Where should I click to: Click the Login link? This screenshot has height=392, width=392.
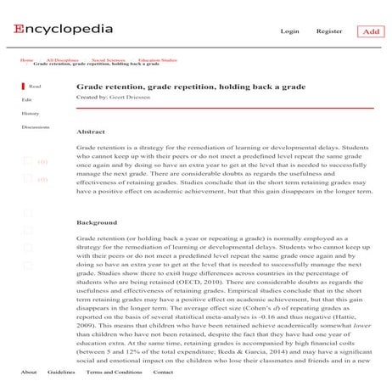(289, 31)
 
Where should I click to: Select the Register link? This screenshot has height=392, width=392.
(329, 31)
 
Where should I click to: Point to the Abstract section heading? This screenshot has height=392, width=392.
(91, 132)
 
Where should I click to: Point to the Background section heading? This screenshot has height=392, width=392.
(97, 222)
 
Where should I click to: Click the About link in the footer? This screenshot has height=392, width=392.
(28, 372)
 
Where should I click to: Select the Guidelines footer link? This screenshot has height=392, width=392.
(61, 372)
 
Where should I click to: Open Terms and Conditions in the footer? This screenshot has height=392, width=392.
(114, 372)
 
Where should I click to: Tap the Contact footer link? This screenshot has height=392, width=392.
(163, 372)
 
